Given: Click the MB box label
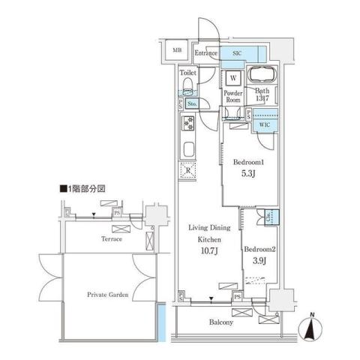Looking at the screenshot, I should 178,50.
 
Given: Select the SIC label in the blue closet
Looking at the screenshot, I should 236,53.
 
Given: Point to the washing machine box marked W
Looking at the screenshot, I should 233,77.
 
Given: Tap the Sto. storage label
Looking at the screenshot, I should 192,103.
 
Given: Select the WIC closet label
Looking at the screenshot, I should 265,124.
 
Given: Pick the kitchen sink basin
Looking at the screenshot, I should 188,148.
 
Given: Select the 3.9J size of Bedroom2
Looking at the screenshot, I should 259,260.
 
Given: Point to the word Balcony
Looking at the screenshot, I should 221,323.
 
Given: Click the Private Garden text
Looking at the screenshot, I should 106,295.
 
